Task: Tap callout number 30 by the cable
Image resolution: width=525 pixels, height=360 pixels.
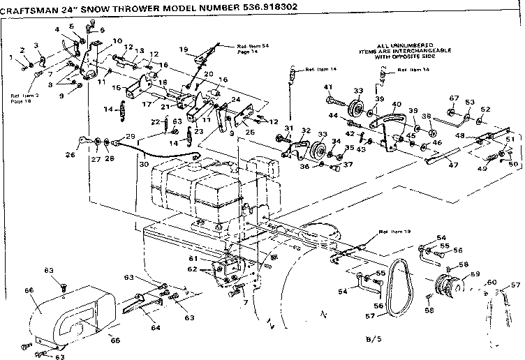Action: (x=144, y=164)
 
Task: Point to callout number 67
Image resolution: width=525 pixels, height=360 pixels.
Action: (x=453, y=98)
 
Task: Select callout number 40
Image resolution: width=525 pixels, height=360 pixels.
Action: (x=396, y=105)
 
